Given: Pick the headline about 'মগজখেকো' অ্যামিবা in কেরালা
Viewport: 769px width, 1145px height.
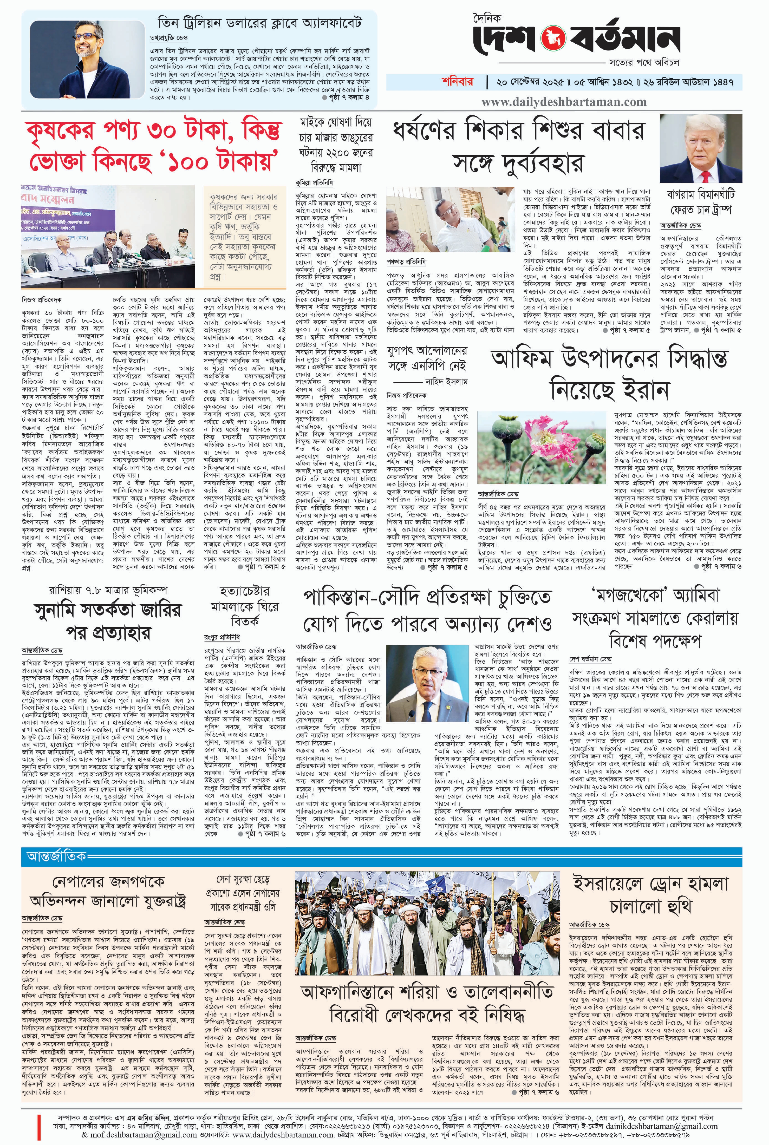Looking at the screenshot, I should pos(655,618).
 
